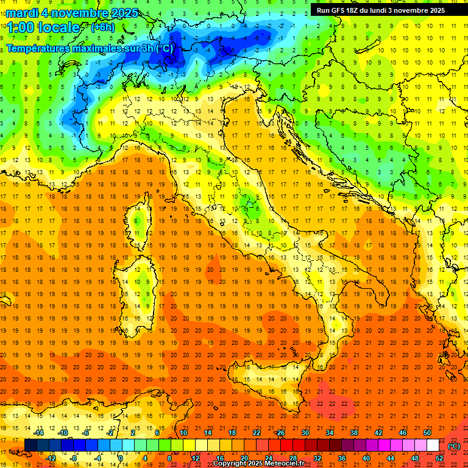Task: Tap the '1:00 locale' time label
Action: pos(43,27)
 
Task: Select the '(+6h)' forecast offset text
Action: pos(102,27)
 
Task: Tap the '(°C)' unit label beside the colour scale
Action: pos(454,446)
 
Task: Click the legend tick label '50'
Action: pos(427,433)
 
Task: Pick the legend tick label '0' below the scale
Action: pos(121,458)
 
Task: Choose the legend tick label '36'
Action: pos(342,458)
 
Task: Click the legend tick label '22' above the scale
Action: pos(256,433)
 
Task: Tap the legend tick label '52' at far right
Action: pos(440,458)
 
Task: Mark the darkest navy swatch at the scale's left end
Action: pos(30,445)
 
